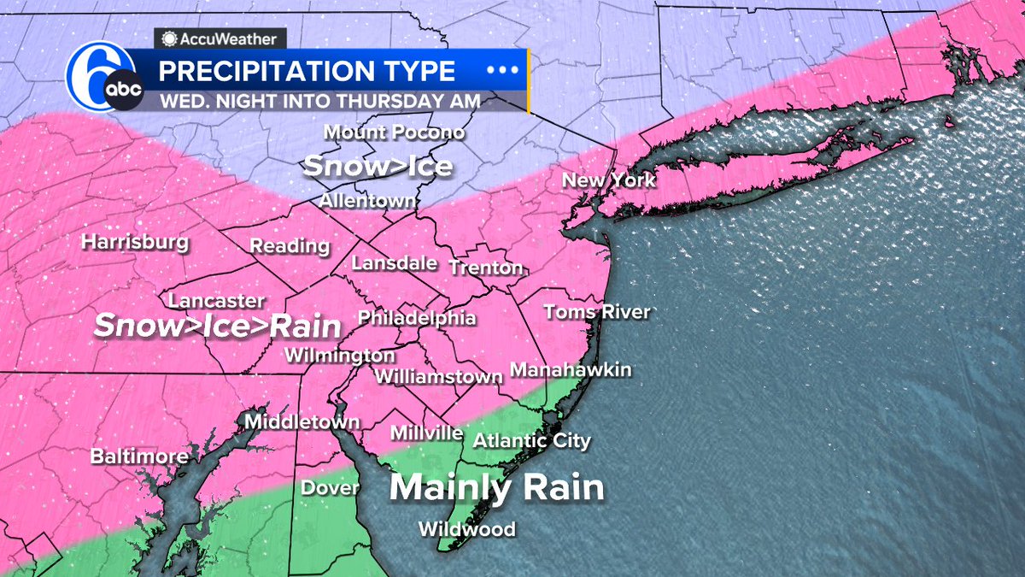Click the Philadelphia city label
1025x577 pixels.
coord(417,318)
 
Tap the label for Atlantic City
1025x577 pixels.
coord(531,441)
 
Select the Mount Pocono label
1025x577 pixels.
coord(395,132)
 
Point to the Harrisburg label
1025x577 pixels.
coord(135,242)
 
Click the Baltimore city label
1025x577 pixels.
coord(139,456)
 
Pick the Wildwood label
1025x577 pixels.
coord(466,529)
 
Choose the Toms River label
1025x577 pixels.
coord(597,312)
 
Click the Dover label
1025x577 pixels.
coord(330,488)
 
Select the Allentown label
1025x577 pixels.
coord(368,201)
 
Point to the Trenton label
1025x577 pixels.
coord(485,268)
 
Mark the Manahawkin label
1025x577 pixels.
coord(571,370)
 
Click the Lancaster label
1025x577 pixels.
coord(216,301)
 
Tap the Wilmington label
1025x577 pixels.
coord(340,355)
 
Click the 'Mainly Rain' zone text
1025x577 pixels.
coord(497,488)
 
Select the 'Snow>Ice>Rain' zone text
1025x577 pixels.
coord(217,326)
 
